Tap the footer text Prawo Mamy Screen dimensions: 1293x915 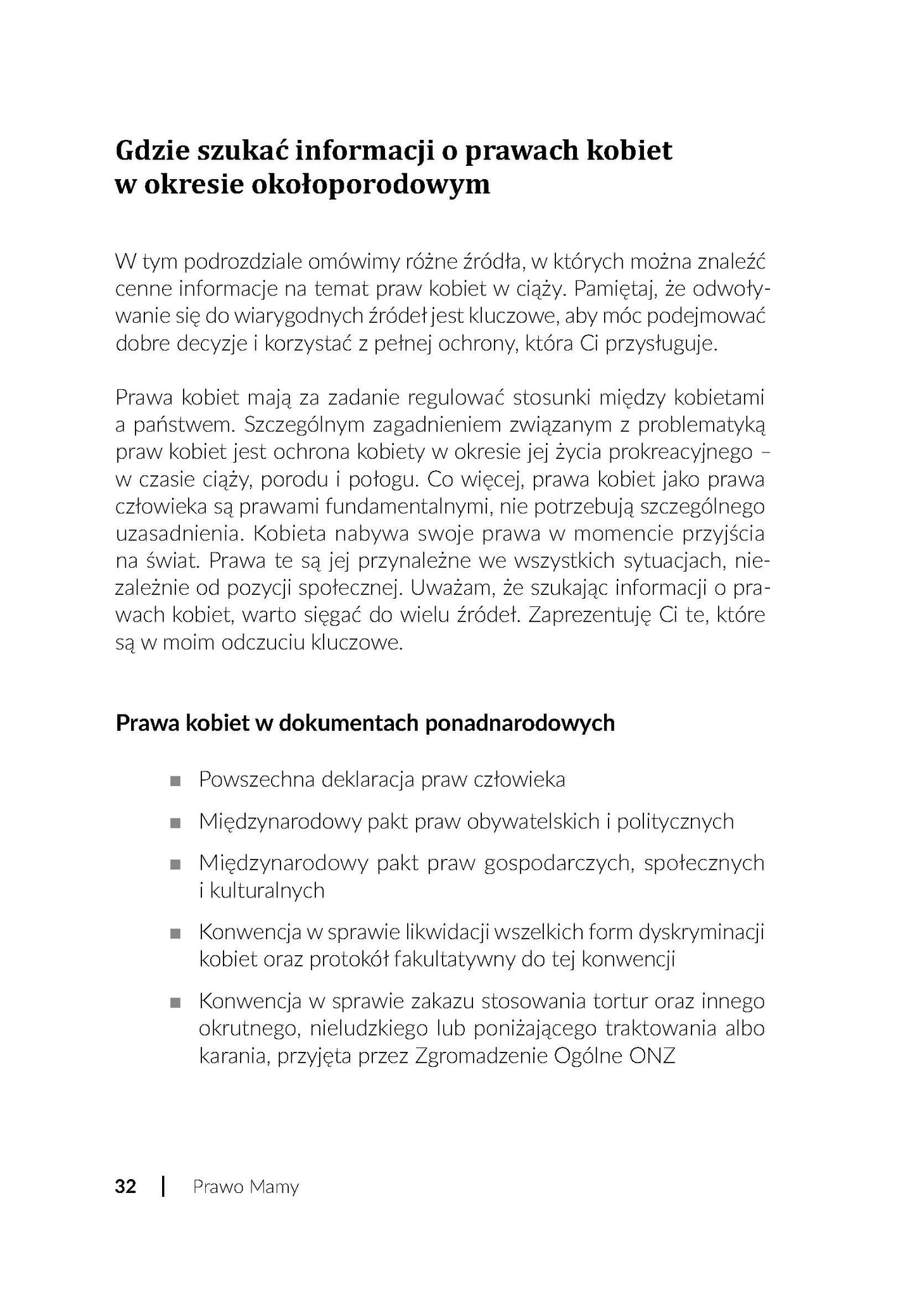pyautogui.click(x=246, y=1187)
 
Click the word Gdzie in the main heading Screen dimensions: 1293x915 pyautogui.click(x=151, y=151)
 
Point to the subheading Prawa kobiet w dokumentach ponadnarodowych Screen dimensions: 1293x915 pyautogui.click(x=365, y=723)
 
